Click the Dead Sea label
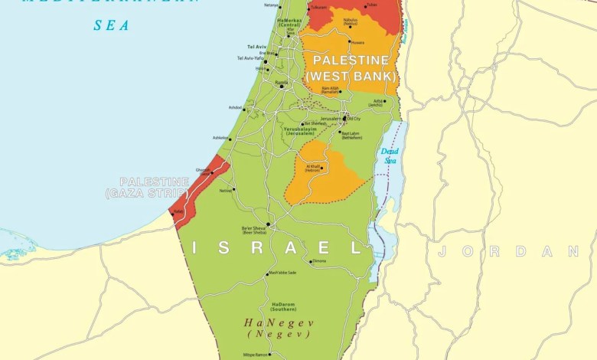(x=390, y=155)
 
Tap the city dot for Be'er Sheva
(x=268, y=224)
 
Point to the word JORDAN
(x=507, y=251)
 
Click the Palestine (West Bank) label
(x=351, y=68)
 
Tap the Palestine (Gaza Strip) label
(x=146, y=188)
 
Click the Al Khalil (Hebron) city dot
(x=322, y=169)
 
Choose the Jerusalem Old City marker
(x=344, y=119)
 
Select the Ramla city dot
(x=282, y=86)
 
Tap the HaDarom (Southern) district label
(x=283, y=306)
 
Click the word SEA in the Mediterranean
(x=111, y=25)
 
